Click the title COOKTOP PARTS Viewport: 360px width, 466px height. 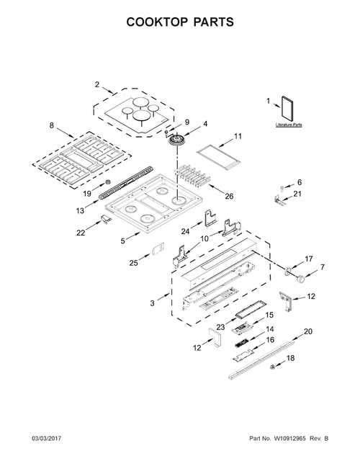[180, 22]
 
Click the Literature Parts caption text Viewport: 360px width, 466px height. [288, 125]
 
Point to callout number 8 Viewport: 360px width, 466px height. [51, 125]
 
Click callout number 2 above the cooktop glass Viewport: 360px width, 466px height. [97, 85]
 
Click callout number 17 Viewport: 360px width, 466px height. [308, 259]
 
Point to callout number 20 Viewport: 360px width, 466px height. [308, 331]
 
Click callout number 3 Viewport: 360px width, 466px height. [152, 304]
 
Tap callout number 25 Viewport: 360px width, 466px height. [134, 264]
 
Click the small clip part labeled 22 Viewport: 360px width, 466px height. [107, 219]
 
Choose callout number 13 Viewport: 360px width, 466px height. [81, 210]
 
